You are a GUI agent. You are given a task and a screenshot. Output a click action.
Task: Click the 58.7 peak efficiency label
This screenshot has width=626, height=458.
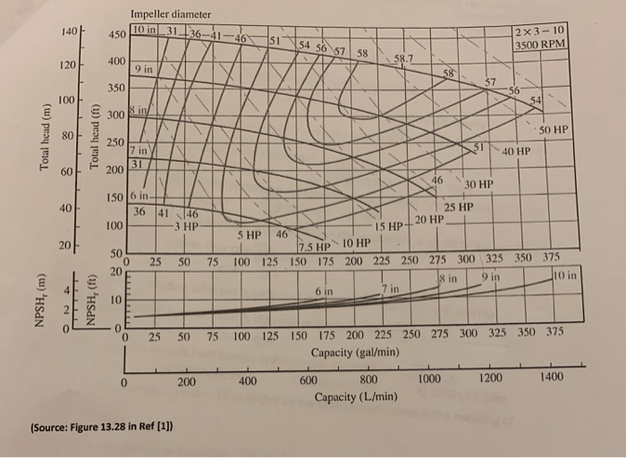click(404, 59)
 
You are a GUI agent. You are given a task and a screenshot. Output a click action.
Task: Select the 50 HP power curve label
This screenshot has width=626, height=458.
click(554, 131)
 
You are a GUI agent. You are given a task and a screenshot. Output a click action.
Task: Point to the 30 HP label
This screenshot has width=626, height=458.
click(478, 184)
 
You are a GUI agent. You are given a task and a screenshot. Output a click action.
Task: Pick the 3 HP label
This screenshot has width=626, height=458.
click(186, 226)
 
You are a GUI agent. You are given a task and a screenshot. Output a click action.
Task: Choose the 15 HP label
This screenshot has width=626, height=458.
click(391, 226)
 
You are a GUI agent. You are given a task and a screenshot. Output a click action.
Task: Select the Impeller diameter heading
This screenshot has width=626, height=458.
click(171, 14)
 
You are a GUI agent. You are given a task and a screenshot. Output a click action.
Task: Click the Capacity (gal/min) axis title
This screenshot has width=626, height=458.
click(355, 352)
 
